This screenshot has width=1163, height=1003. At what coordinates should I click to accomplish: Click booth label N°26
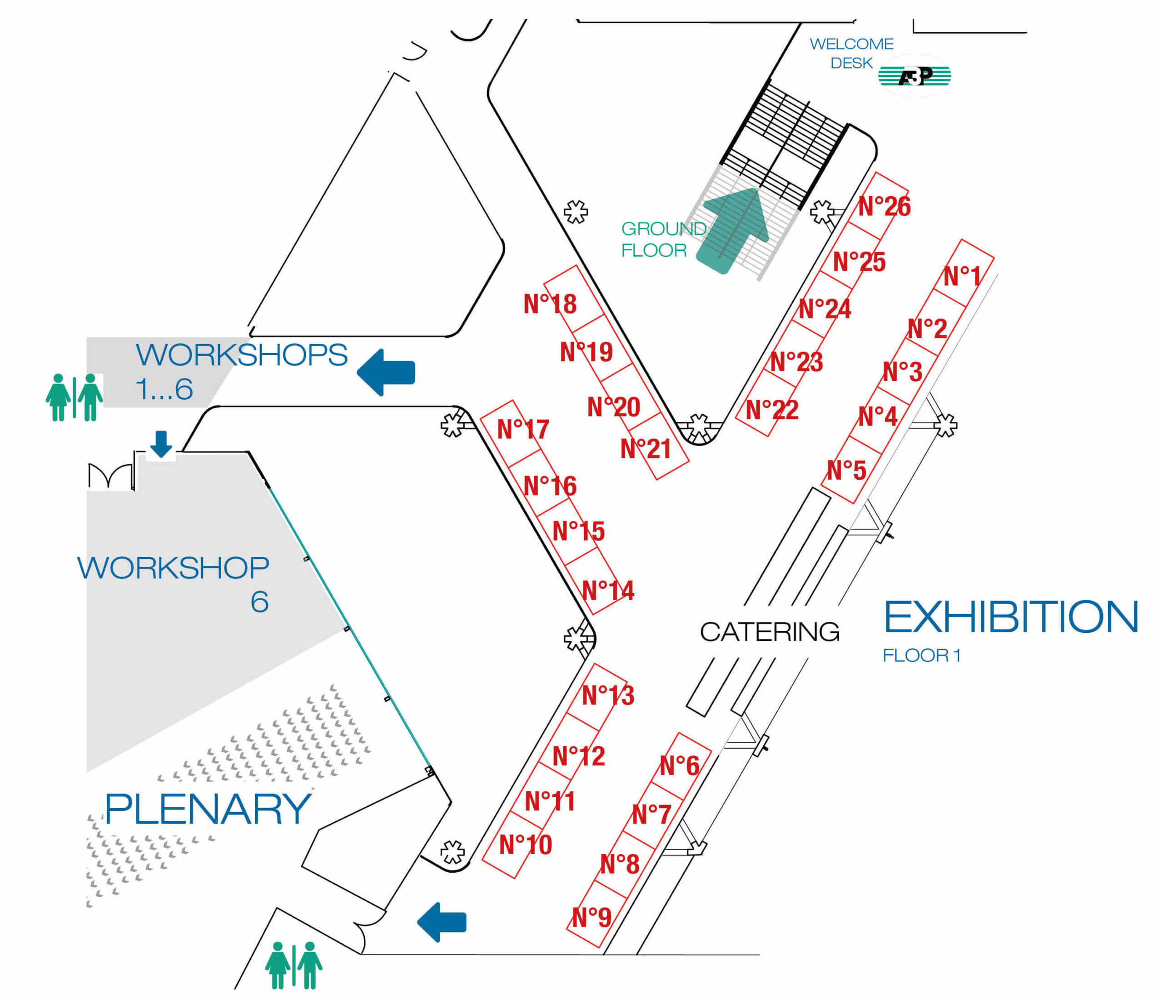[884, 207]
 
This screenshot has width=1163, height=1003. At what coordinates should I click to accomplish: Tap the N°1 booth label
[962, 276]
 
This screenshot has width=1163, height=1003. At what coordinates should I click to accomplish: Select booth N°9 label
[591, 918]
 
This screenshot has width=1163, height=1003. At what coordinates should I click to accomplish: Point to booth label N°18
[550, 304]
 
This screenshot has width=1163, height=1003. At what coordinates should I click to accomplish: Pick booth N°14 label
[608, 591]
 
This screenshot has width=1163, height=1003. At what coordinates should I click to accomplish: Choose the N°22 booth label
[772, 410]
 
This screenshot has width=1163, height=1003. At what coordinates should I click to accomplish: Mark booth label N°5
[846, 470]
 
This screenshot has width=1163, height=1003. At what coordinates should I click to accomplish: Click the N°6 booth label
[680, 765]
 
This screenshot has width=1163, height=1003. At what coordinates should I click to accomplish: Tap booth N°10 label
[525, 845]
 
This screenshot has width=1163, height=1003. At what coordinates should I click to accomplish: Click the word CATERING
[770, 632]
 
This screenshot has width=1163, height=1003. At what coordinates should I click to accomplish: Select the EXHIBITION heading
[1011, 617]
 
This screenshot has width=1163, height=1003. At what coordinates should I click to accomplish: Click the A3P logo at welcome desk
[915, 76]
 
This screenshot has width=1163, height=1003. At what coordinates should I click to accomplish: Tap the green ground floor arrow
[732, 231]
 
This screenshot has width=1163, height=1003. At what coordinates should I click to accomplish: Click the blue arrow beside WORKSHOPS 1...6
[386, 372]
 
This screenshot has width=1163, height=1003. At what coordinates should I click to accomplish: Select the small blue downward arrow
[161, 444]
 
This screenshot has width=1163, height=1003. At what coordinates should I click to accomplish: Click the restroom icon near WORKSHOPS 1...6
[74, 397]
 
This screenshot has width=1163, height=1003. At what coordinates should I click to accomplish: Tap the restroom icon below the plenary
[293, 965]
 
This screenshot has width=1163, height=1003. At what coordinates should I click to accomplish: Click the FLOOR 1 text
[922, 655]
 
